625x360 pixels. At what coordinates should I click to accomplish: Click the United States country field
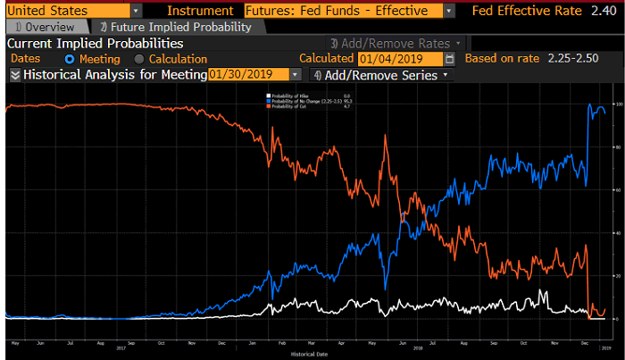point(66,11)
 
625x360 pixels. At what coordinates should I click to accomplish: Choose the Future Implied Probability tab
point(174,27)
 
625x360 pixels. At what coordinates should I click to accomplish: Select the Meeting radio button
point(69,58)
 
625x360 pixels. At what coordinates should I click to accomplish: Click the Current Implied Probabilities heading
point(96,43)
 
